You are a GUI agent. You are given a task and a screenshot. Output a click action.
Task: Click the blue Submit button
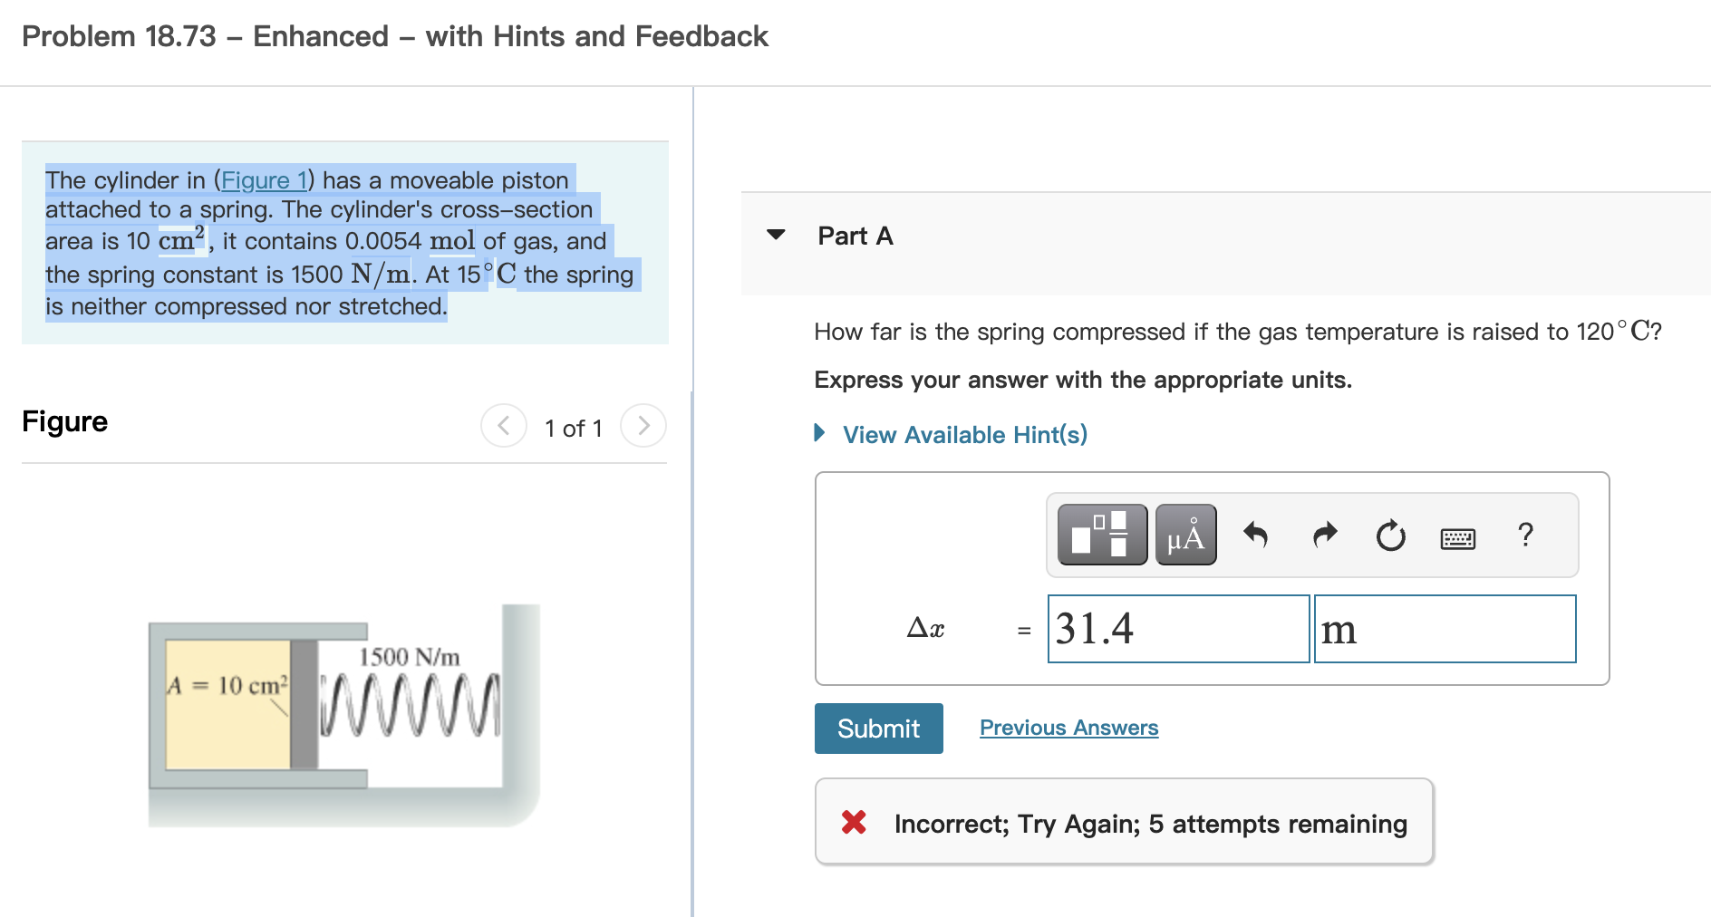(x=878, y=729)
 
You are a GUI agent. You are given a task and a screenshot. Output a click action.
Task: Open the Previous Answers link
(x=1068, y=728)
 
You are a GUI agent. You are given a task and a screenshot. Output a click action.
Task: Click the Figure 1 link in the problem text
(x=265, y=180)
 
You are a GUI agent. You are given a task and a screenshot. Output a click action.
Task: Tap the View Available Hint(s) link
(x=964, y=435)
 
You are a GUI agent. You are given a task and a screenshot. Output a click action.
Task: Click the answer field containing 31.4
(x=1178, y=629)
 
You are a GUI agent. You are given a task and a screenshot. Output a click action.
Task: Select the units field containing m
(x=1445, y=629)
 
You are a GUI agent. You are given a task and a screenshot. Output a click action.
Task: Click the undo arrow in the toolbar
(x=1255, y=536)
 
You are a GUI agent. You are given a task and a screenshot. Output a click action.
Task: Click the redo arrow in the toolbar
(x=1325, y=536)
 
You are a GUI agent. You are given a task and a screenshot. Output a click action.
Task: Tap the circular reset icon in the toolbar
(x=1390, y=536)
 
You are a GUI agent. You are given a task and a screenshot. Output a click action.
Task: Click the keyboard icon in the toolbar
(x=1457, y=538)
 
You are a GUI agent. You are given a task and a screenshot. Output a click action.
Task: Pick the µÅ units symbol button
(x=1185, y=536)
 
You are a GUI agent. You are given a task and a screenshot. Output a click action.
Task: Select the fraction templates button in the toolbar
(x=1102, y=536)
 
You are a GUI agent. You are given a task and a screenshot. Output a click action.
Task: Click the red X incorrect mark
(x=854, y=822)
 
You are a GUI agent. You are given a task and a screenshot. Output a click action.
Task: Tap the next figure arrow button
(x=643, y=426)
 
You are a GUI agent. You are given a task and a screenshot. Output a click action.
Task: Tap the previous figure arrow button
(x=504, y=426)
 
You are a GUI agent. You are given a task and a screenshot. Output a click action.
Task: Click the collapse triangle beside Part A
(x=776, y=235)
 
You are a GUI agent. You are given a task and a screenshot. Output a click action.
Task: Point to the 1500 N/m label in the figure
(x=409, y=657)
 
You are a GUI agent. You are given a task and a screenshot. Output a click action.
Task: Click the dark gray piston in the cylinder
(x=304, y=704)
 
